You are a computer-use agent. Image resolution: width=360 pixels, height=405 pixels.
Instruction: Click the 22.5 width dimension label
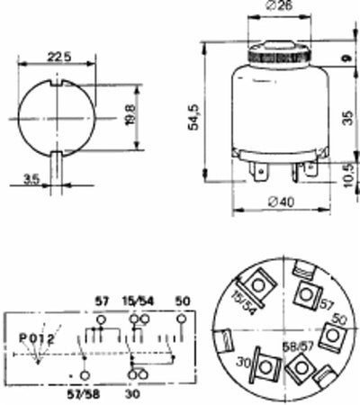pos(59,56)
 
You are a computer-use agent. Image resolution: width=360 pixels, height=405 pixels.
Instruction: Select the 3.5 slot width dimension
pos(31,179)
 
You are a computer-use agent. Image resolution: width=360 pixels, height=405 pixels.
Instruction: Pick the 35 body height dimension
pos(346,116)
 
